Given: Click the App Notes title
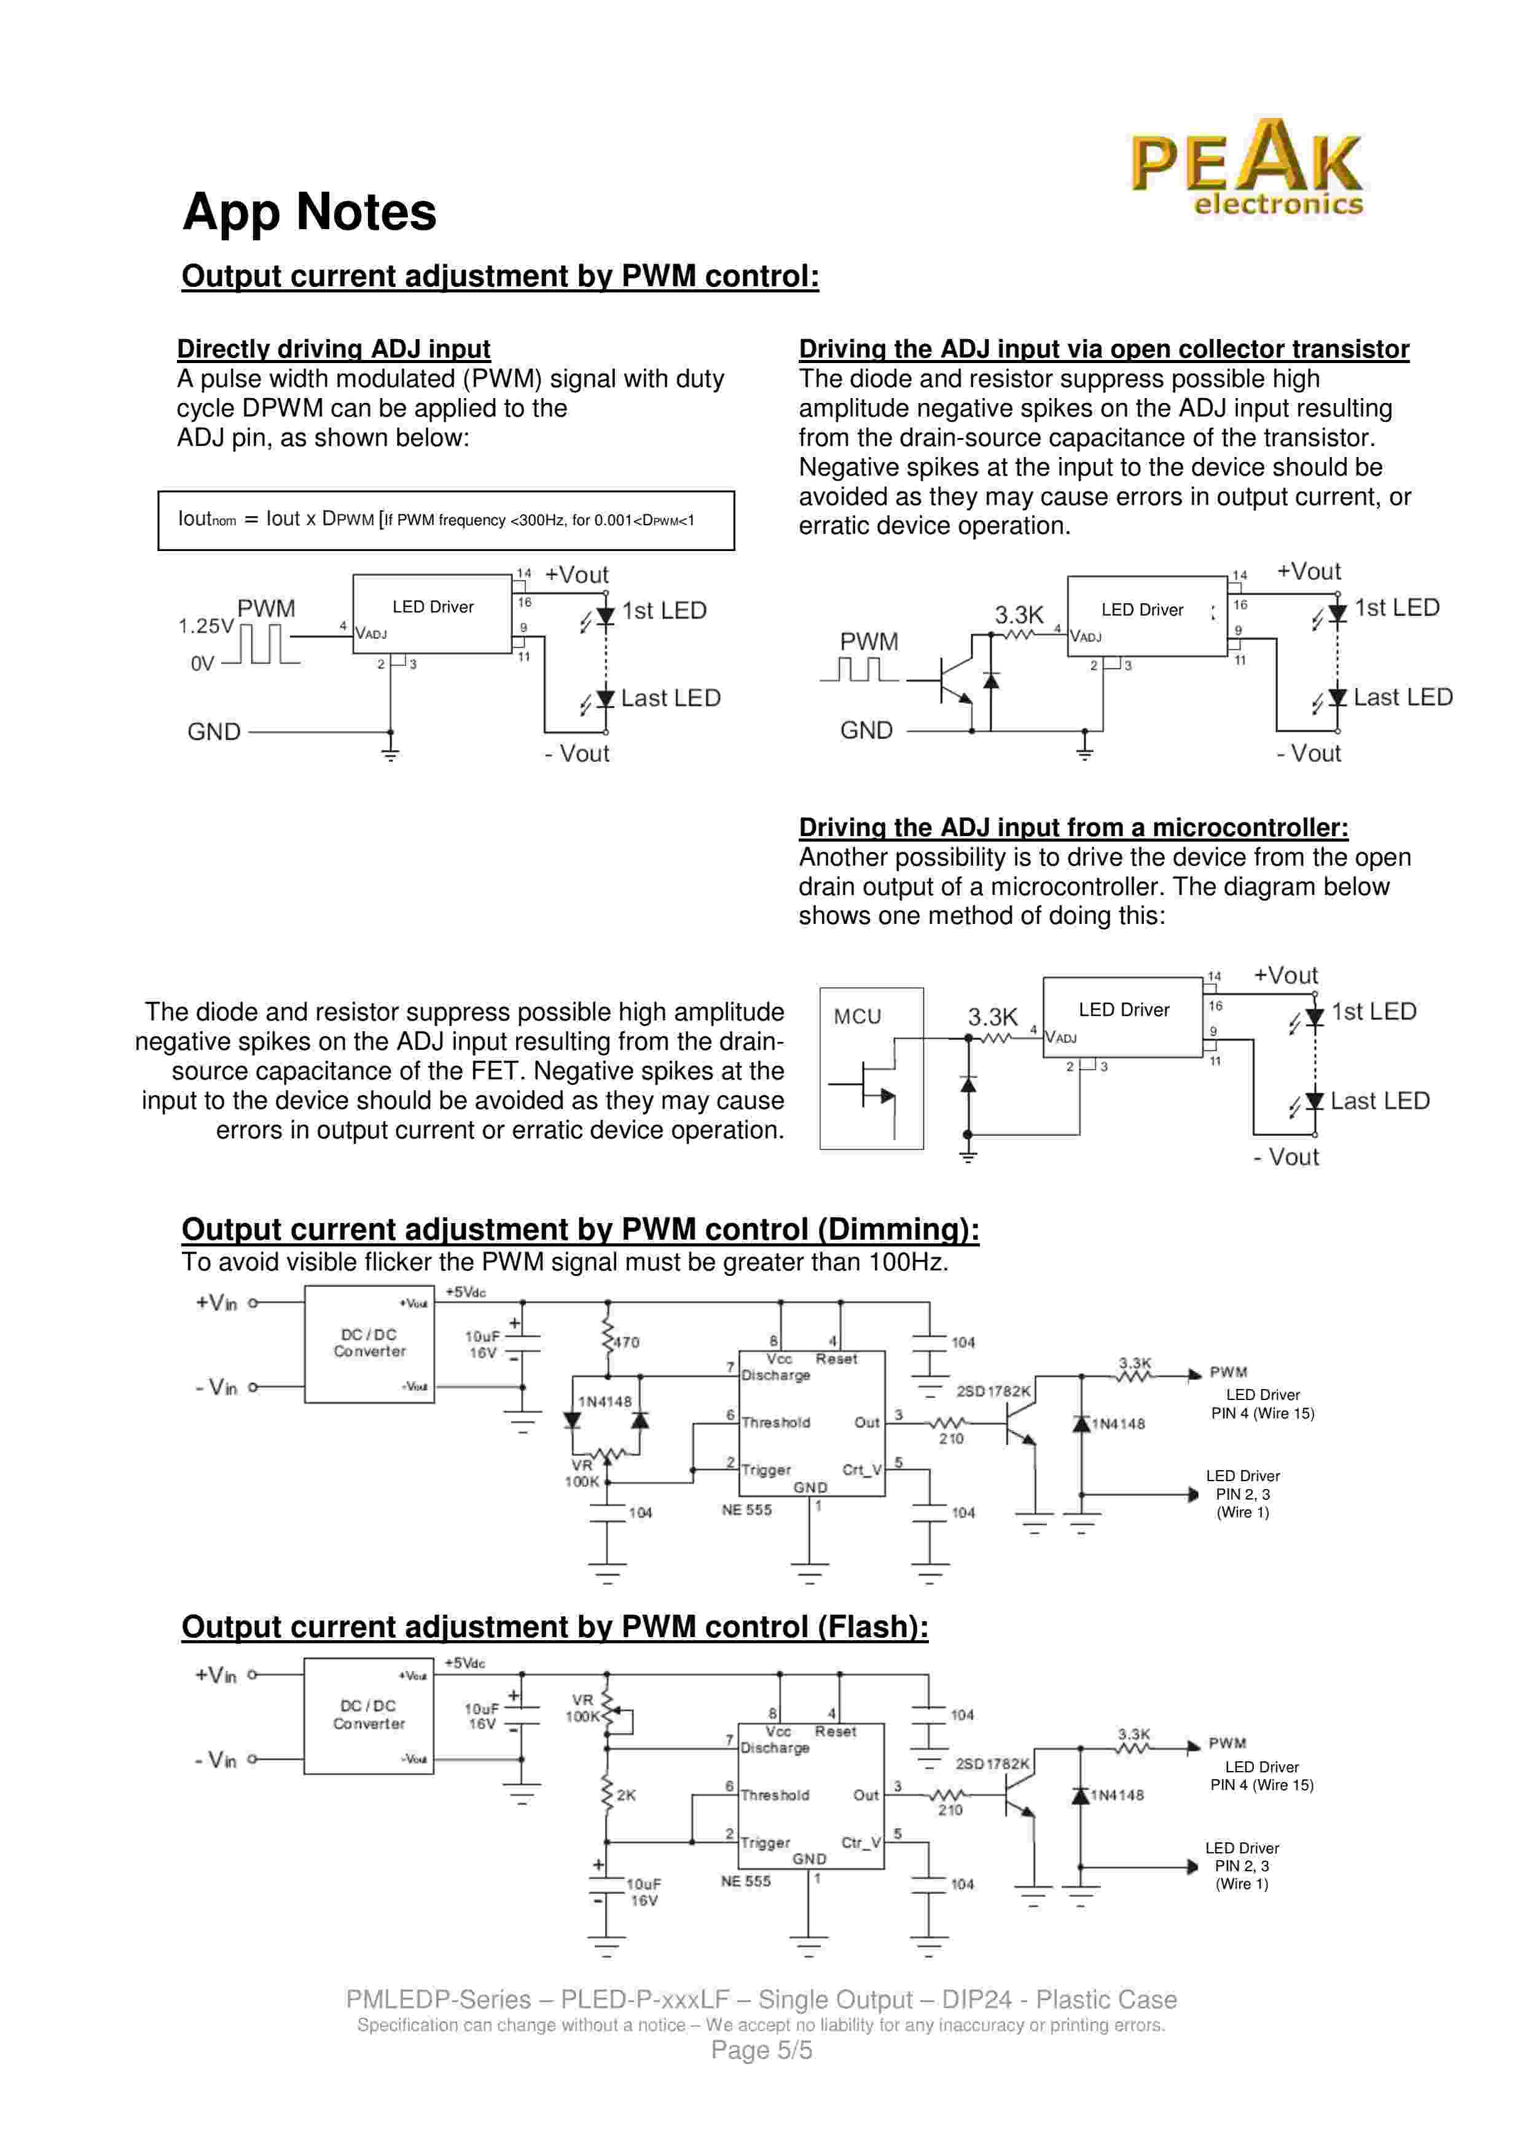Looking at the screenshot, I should click(309, 212).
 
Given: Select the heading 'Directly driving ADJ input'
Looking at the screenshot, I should click(333, 349).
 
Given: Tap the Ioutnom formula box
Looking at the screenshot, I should click(446, 520).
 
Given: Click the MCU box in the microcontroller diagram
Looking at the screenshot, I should click(871, 1068).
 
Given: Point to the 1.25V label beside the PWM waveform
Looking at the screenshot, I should click(206, 626).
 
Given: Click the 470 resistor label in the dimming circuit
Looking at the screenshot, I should click(626, 1342).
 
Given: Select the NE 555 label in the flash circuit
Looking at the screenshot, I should click(745, 1881).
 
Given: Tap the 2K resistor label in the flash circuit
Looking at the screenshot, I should click(626, 1794).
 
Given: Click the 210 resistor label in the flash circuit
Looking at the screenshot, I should click(950, 1810).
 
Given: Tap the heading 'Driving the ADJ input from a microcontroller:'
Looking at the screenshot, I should click(1073, 828).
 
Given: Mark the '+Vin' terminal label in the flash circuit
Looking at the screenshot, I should click(216, 1675).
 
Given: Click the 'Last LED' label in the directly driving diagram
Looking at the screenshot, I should click(670, 698).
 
